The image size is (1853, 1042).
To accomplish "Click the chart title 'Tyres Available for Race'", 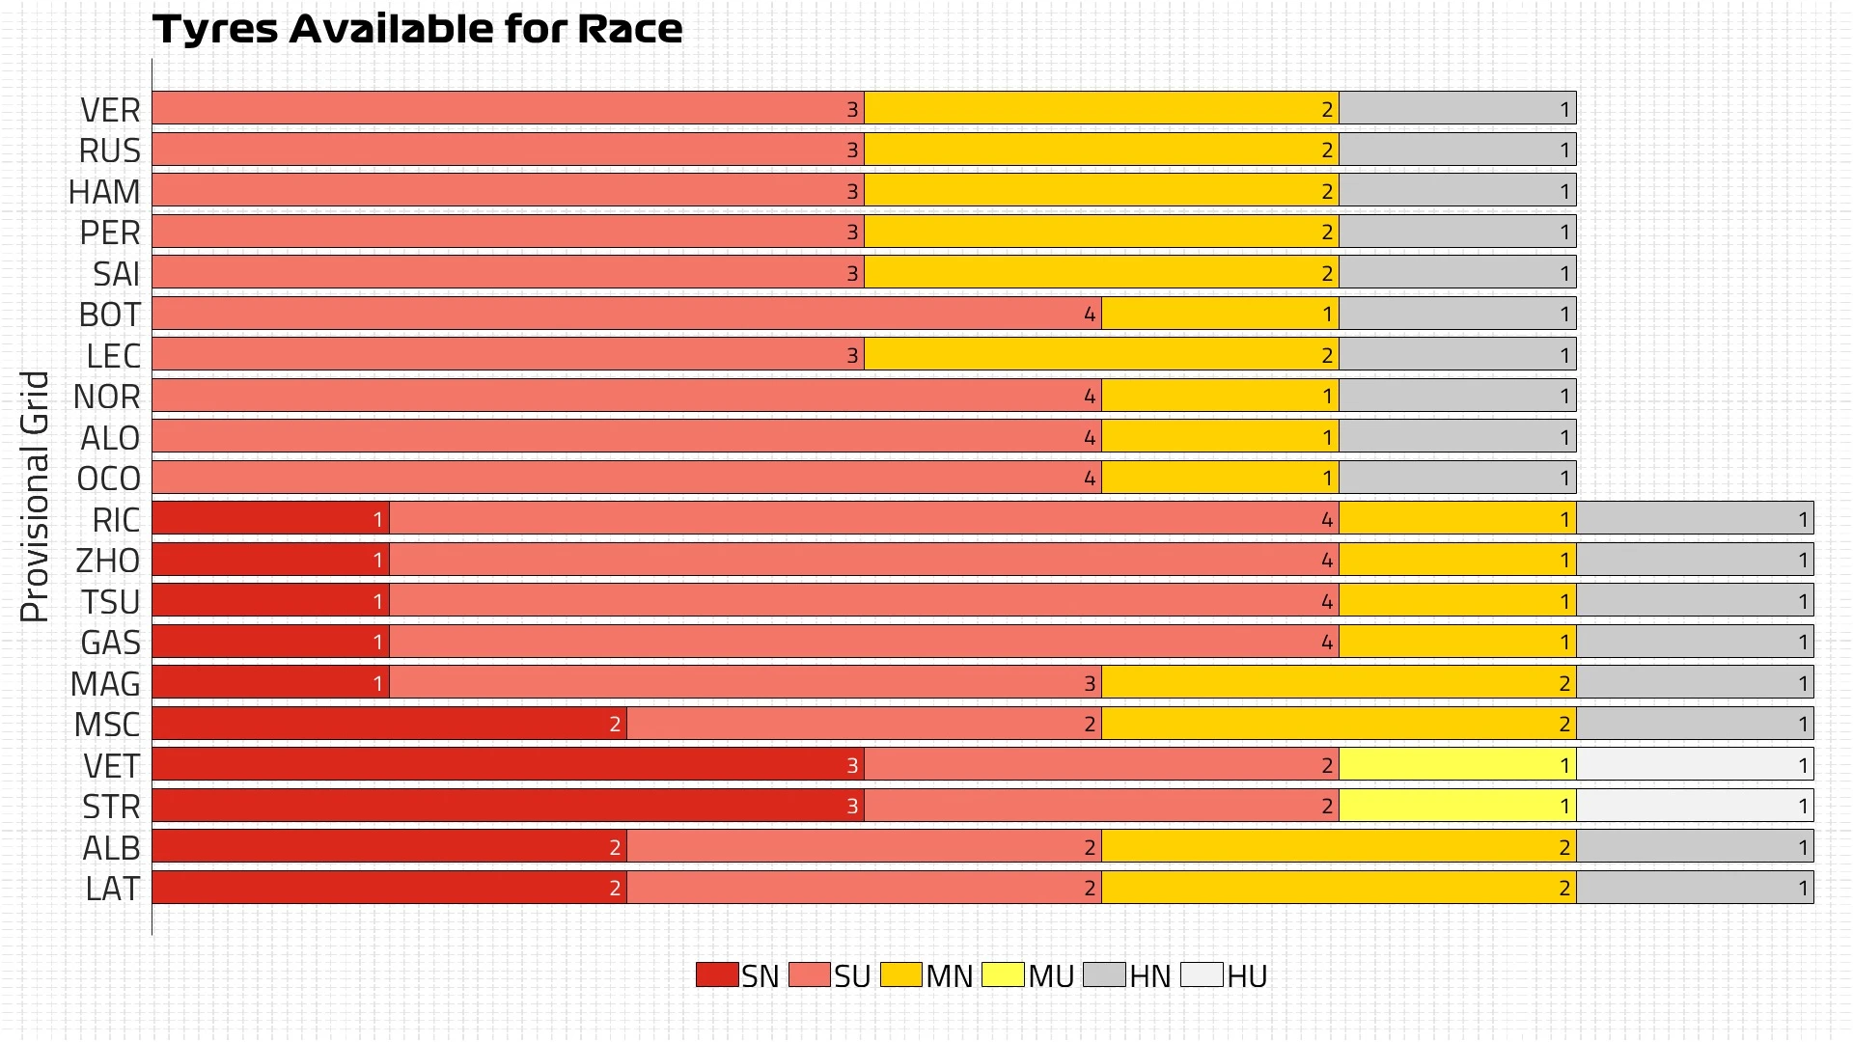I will click(417, 29).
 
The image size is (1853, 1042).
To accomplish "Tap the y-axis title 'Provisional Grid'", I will click(35, 496).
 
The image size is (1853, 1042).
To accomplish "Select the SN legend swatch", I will click(717, 974).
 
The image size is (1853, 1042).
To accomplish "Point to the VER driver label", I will click(110, 110).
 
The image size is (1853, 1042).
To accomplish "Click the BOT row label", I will click(109, 315).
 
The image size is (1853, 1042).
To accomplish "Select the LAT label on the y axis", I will click(112, 889).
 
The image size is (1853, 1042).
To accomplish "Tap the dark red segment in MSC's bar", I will click(389, 724).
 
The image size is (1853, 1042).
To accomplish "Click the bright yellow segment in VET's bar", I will click(1457, 765).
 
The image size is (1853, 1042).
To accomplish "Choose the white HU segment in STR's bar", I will click(1695, 806).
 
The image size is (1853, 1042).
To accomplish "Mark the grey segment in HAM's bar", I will click(1457, 191).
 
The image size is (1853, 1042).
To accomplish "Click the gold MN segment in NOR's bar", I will click(1220, 396).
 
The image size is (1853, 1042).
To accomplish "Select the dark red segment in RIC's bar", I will click(270, 519).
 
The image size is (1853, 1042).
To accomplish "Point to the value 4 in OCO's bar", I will click(1090, 479).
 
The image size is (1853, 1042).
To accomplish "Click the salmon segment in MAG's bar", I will click(745, 683).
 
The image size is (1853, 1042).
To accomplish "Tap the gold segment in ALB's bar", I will click(1339, 847).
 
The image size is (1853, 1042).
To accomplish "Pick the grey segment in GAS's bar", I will click(1695, 642).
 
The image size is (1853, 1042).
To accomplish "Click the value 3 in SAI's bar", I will click(852, 274).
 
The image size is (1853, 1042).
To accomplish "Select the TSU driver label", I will click(110, 602).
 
